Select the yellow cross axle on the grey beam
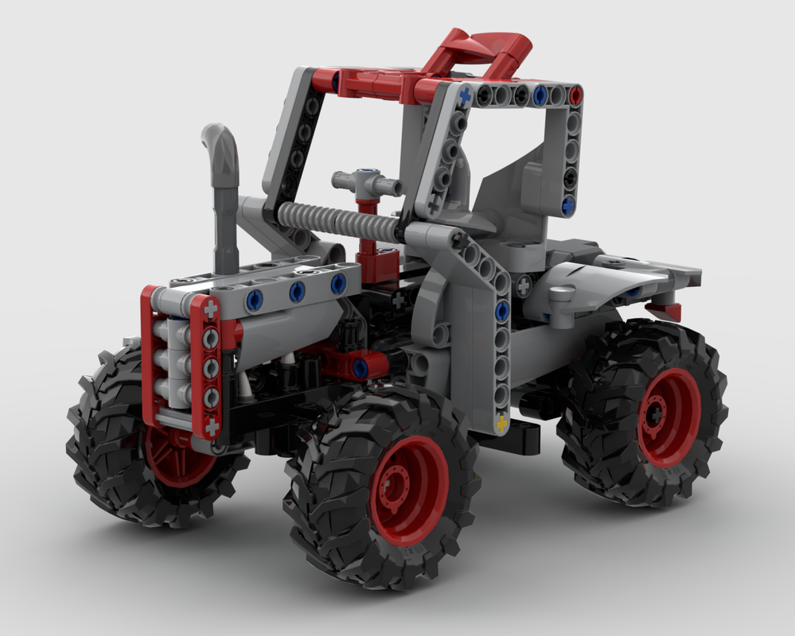(502, 425)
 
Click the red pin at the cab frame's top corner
(575, 94)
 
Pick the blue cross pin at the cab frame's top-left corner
(465, 95)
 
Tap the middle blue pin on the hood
(298, 292)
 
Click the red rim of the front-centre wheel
(409, 490)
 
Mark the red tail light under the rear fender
(664, 309)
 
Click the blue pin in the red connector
(360, 367)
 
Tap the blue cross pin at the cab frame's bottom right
(568, 205)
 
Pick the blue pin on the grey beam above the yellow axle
(502, 311)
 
